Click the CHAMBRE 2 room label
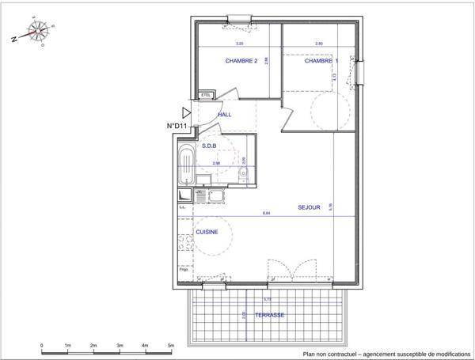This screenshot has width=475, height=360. (241, 61)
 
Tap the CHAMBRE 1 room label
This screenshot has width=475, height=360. (321, 61)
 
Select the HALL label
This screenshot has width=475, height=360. (224, 115)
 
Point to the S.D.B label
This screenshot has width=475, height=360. (210, 146)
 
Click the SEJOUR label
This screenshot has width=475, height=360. (309, 207)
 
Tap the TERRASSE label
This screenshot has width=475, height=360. (269, 315)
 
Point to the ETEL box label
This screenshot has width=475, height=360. (206, 95)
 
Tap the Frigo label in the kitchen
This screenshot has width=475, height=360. (183, 271)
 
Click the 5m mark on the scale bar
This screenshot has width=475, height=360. (171, 346)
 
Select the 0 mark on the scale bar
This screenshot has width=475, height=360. (42, 346)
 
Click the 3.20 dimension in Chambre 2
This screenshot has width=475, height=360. (239, 44)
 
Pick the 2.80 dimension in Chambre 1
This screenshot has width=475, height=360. (318, 44)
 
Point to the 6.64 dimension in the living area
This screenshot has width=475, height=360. (265, 214)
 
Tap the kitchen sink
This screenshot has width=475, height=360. (215, 193)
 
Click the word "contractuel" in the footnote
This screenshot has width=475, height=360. (339, 354)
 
